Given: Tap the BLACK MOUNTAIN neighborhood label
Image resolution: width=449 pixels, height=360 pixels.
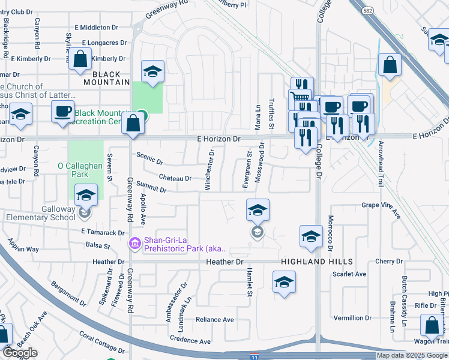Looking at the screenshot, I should (103, 82).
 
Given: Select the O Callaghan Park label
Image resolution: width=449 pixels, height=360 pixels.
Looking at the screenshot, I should (81, 170).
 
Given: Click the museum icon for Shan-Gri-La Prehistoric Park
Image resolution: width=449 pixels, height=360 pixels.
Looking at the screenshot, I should (134, 242).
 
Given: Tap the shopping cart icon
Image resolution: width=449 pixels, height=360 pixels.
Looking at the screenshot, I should (298, 97).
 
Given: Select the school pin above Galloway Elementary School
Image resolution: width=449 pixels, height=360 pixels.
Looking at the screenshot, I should (86, 194).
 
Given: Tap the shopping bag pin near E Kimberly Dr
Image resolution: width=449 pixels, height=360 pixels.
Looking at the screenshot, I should (80, 59).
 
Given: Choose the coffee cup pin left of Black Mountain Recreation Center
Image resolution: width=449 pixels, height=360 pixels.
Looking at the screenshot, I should (62, 112).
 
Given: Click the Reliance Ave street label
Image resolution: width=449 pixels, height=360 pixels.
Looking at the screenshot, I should (215, 320).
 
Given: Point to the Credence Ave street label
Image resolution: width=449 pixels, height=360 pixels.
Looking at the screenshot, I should (190, 341).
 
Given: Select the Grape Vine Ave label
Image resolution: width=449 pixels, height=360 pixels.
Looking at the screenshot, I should (381, 208).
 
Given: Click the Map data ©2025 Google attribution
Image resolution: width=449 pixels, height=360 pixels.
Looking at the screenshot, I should (412, 355).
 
